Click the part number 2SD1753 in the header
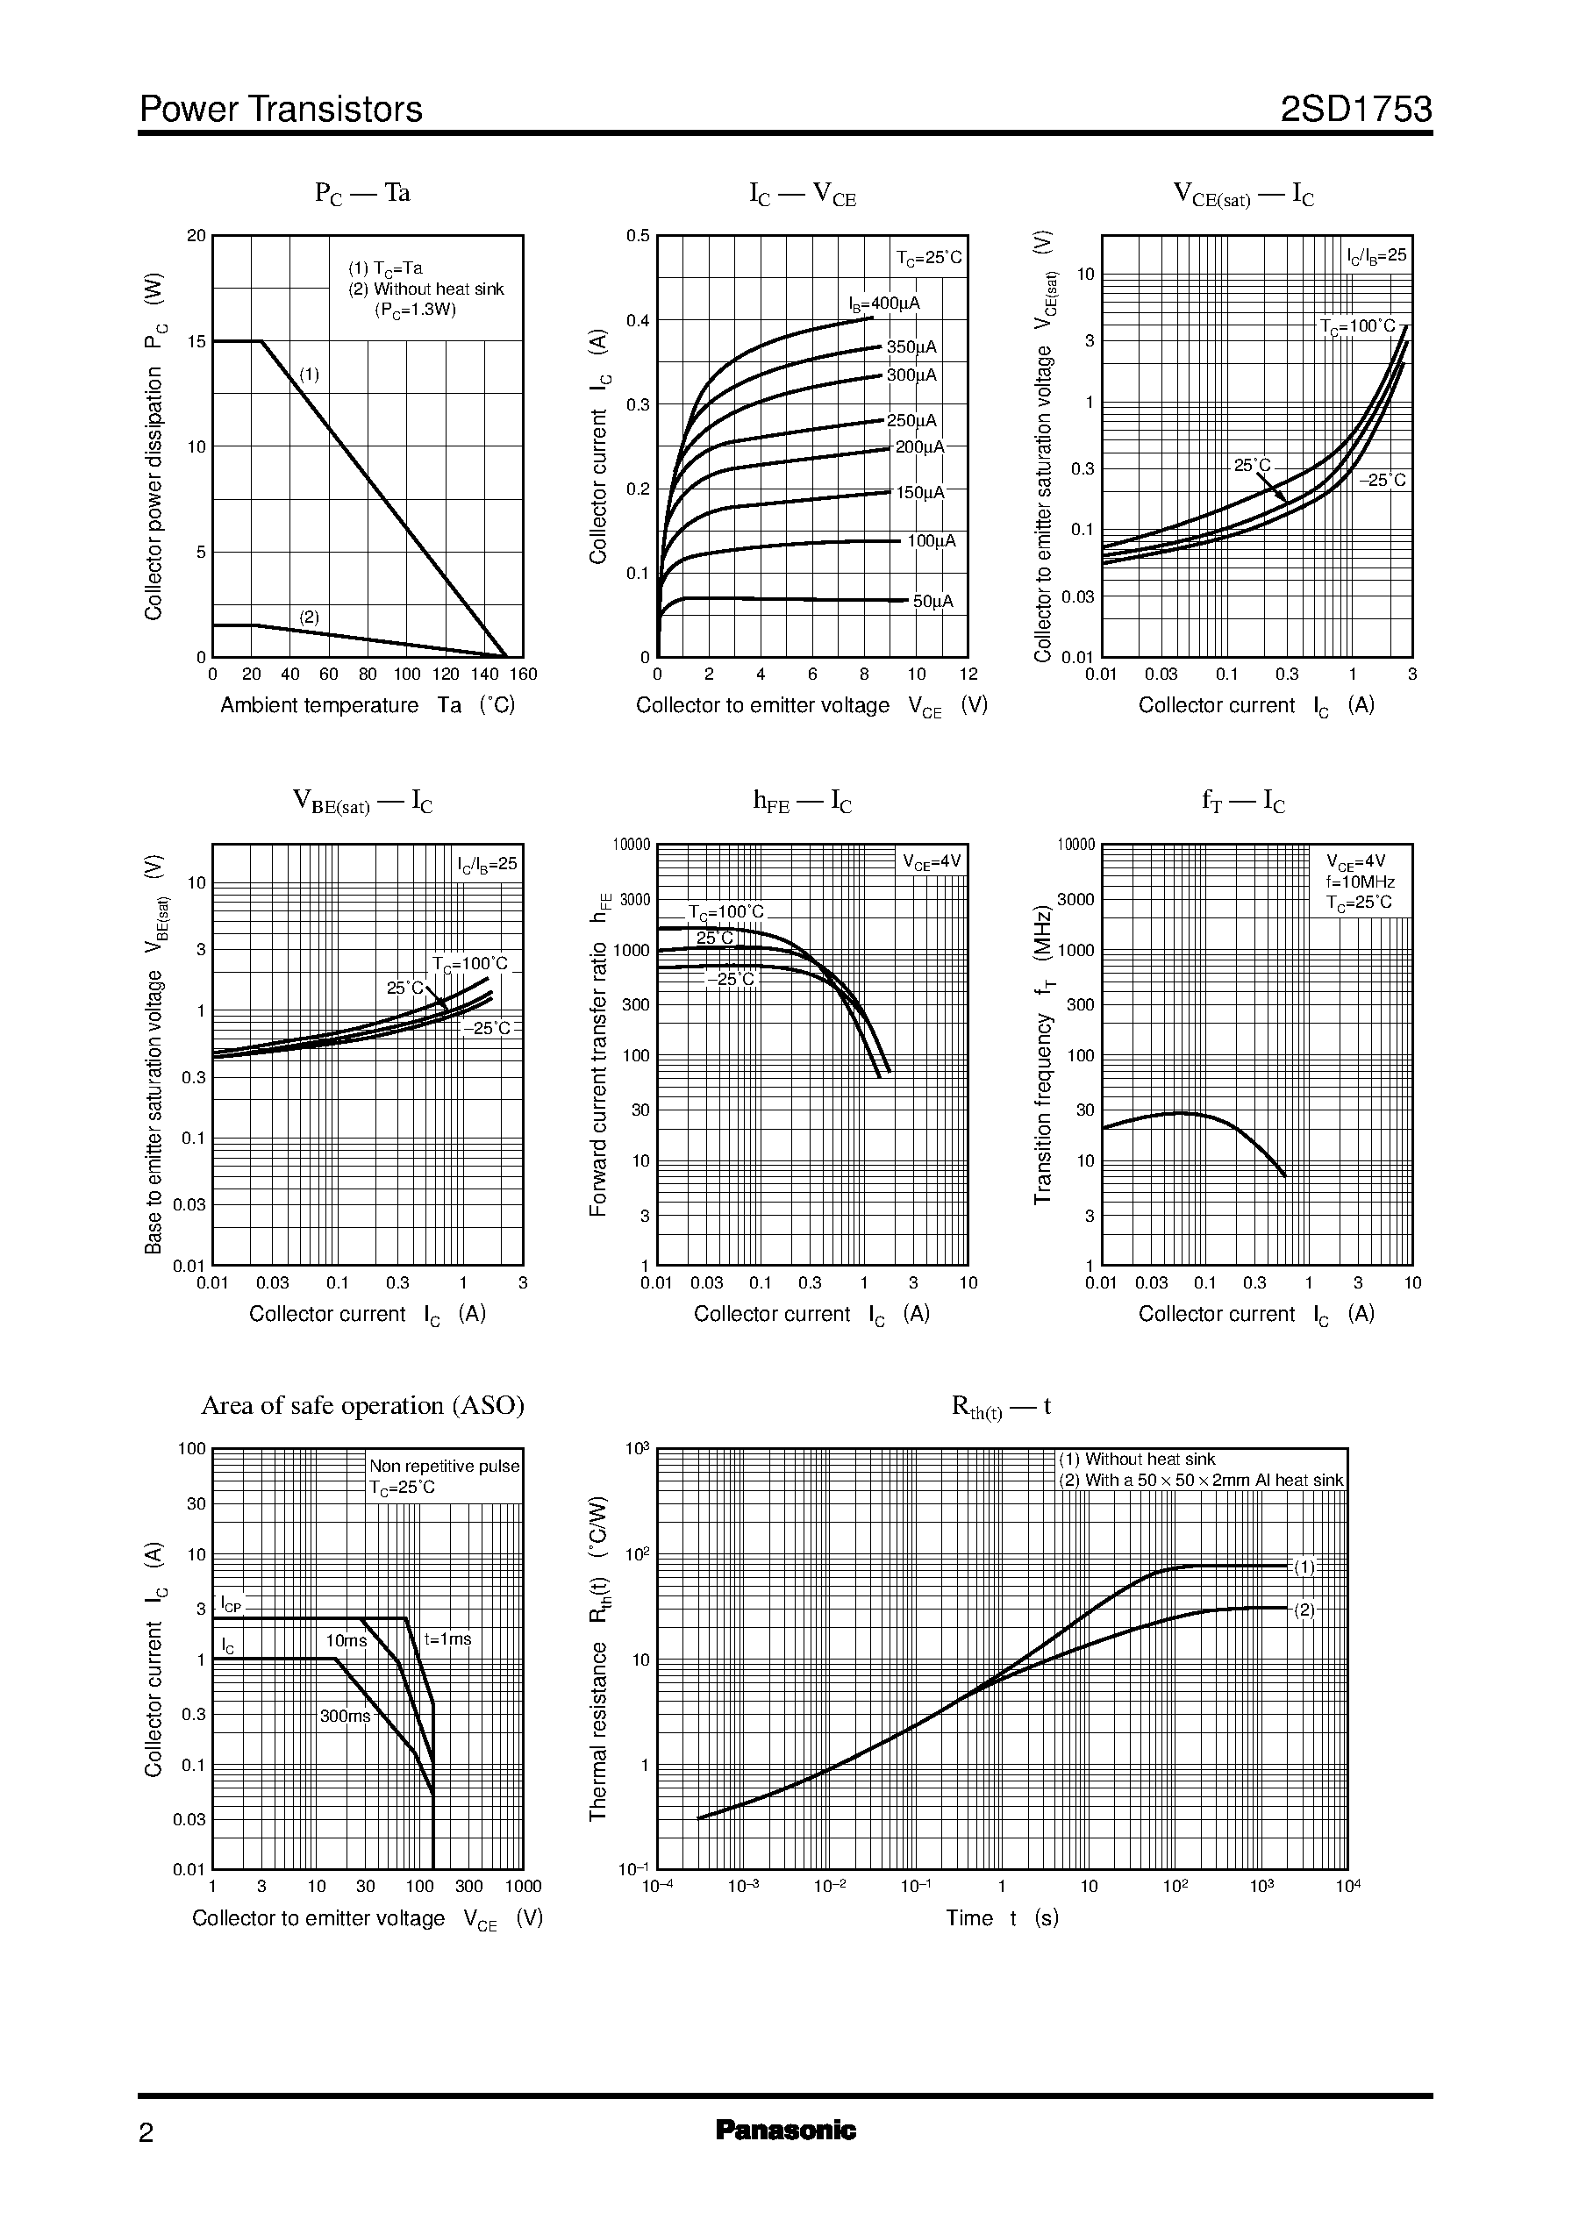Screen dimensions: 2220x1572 pyautogui.click(x=1355, y=110)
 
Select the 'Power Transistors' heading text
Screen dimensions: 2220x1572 pyautogui.click(x=281, y=110)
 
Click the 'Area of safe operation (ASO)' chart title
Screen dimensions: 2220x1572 pyautogui.click(x=362, y=1405)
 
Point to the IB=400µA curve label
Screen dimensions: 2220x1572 pyautogui.click(x=883, y=303)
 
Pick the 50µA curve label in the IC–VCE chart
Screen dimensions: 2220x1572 pyautogui.click(x=933, y=601)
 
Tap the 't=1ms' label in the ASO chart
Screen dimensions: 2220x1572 pyautogui.click(x=447, y=1639)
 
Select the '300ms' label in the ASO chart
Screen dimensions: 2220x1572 pyautogui.click(x=345, y=1716)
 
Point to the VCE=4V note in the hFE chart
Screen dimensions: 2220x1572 pyautogui.click(x=932, y=861)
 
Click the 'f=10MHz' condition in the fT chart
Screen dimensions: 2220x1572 pyautogui.click(x=1360, y=882)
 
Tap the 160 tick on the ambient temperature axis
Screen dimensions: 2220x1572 pyautogui.click(x=523, y=675)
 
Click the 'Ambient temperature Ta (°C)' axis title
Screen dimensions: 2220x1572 pyautogui.click(x=368, y=704)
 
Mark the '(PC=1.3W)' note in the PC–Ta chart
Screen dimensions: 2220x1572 pyautogui.click(x=415, y=310)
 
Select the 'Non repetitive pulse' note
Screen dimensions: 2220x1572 pyautogui.click(x=444, y=1467)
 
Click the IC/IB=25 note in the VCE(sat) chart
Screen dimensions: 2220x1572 pyautogui.click(x=1376, y=255)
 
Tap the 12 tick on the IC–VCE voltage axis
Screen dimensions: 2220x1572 pyautogui.click(x=968, y=675)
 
